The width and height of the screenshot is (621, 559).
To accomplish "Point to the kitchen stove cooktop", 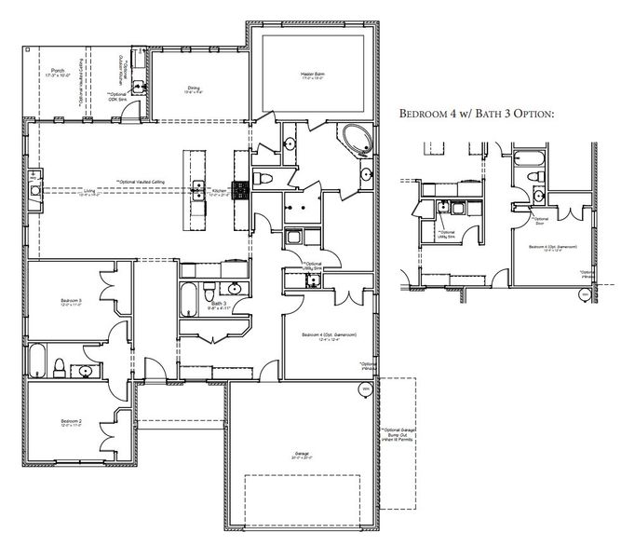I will pyautogui.click(x=238, y=190).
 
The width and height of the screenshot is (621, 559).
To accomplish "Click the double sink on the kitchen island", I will pyautogui.click(x=198, y=190).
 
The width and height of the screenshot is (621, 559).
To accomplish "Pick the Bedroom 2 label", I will pyautogui.click(x=67, y=422).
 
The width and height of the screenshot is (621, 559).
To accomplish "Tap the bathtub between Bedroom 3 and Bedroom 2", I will pyautogui.click(x=37, y=359).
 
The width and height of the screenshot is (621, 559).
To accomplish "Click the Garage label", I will pyautogui.click(x=302, y=456).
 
